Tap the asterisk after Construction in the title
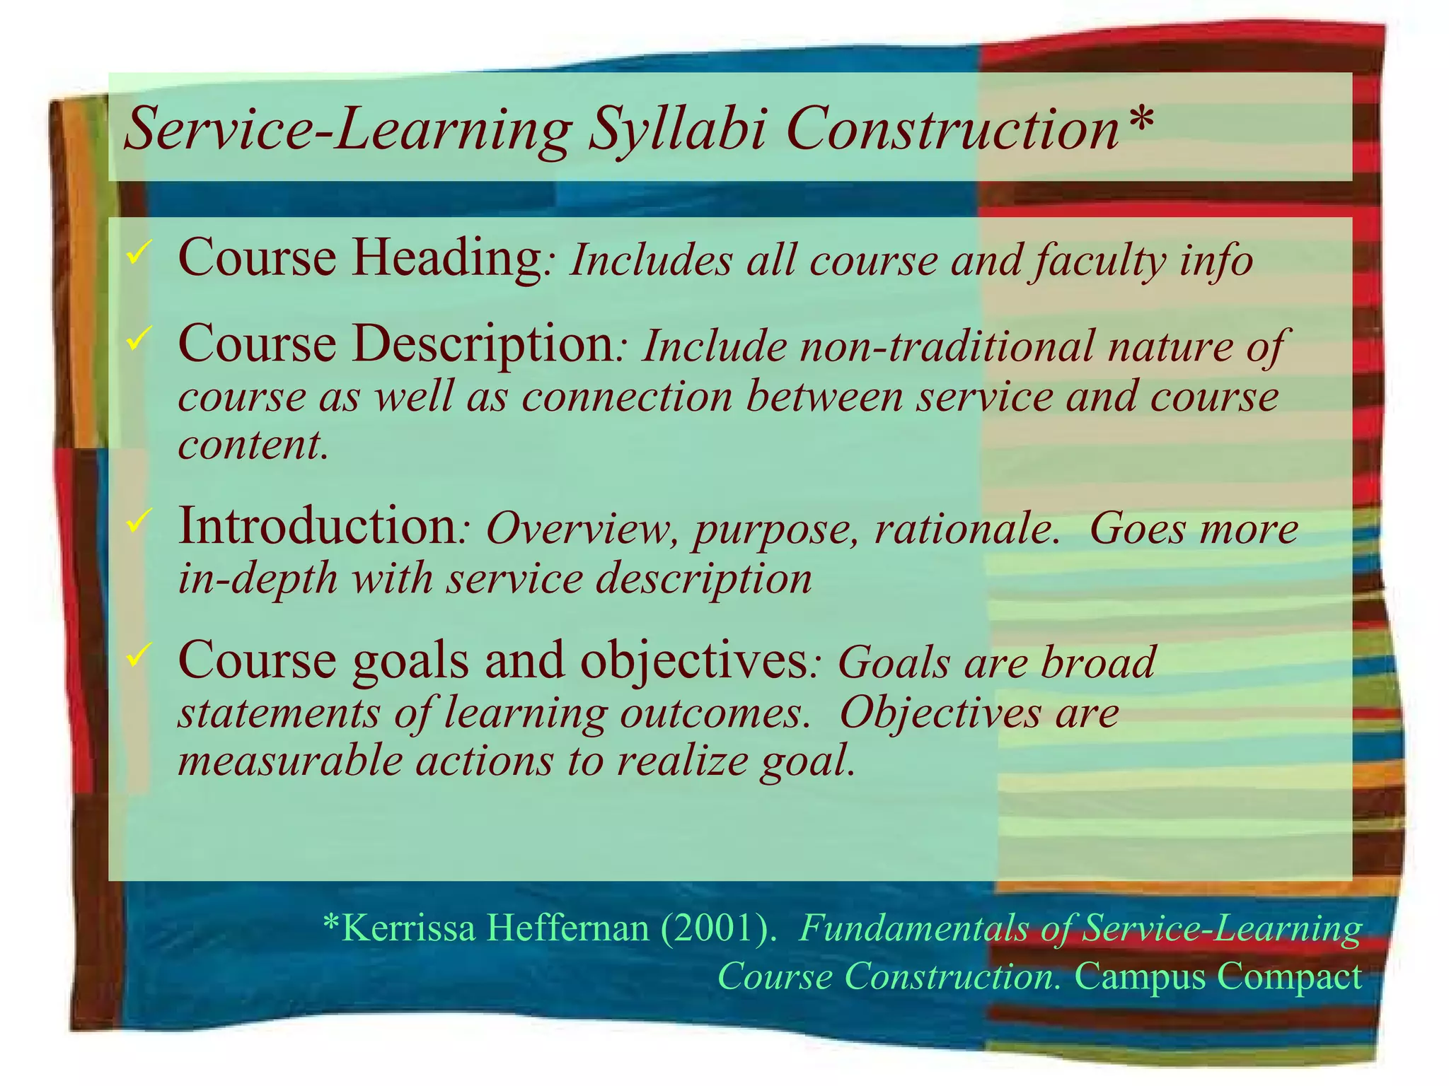[x=1138, y=120]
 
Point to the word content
[x=252, y=445]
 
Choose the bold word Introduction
[x=318, y=527]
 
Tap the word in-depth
[x=258, y=579]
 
